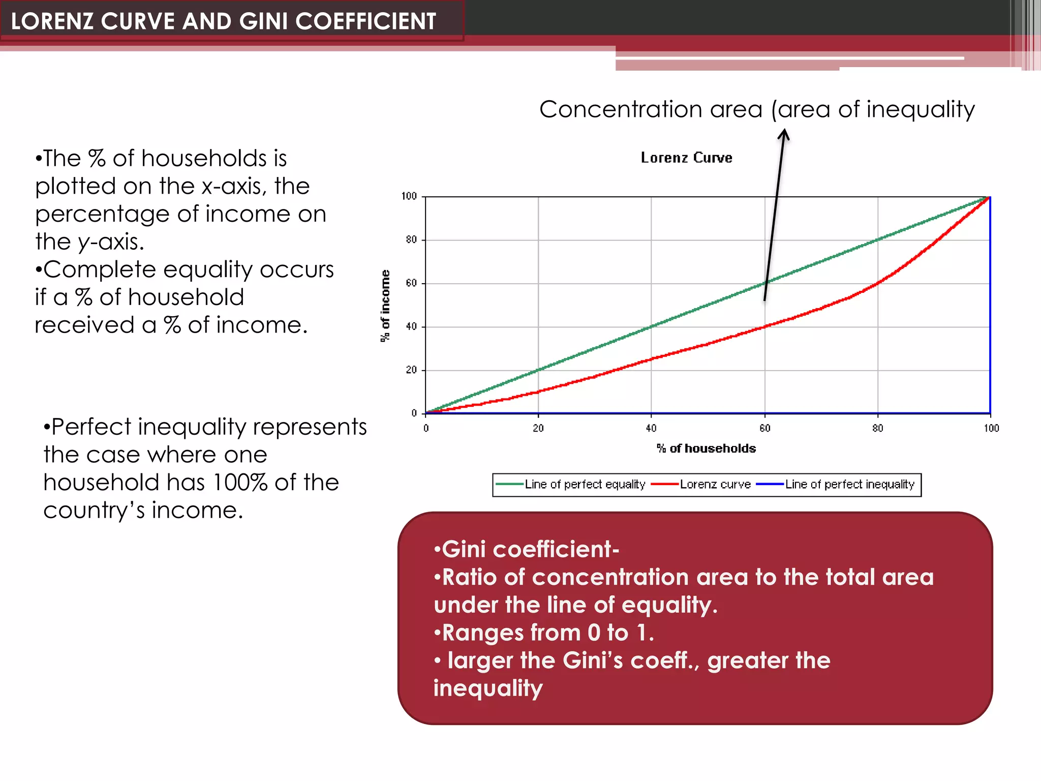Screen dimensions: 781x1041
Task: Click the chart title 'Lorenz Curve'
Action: [686, 158]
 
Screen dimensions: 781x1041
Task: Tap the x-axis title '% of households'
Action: [706, 448]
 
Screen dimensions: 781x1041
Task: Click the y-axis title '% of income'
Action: [385, 306]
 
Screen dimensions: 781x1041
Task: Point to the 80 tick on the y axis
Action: [411, 239]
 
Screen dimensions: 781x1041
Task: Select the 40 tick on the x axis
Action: [651, 428]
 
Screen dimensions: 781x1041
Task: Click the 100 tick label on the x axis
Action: [991, 428]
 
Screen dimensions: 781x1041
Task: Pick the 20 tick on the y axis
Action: [411, 370]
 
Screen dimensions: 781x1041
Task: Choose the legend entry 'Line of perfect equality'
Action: [585, 485]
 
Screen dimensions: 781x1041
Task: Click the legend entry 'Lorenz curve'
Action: [715, 485]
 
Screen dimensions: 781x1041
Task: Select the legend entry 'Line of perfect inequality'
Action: [849, 485]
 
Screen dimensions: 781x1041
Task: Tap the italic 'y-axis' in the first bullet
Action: [111, 242]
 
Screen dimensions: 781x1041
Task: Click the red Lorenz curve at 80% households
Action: [878, 283]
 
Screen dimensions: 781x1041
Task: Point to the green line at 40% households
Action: [651, 326]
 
